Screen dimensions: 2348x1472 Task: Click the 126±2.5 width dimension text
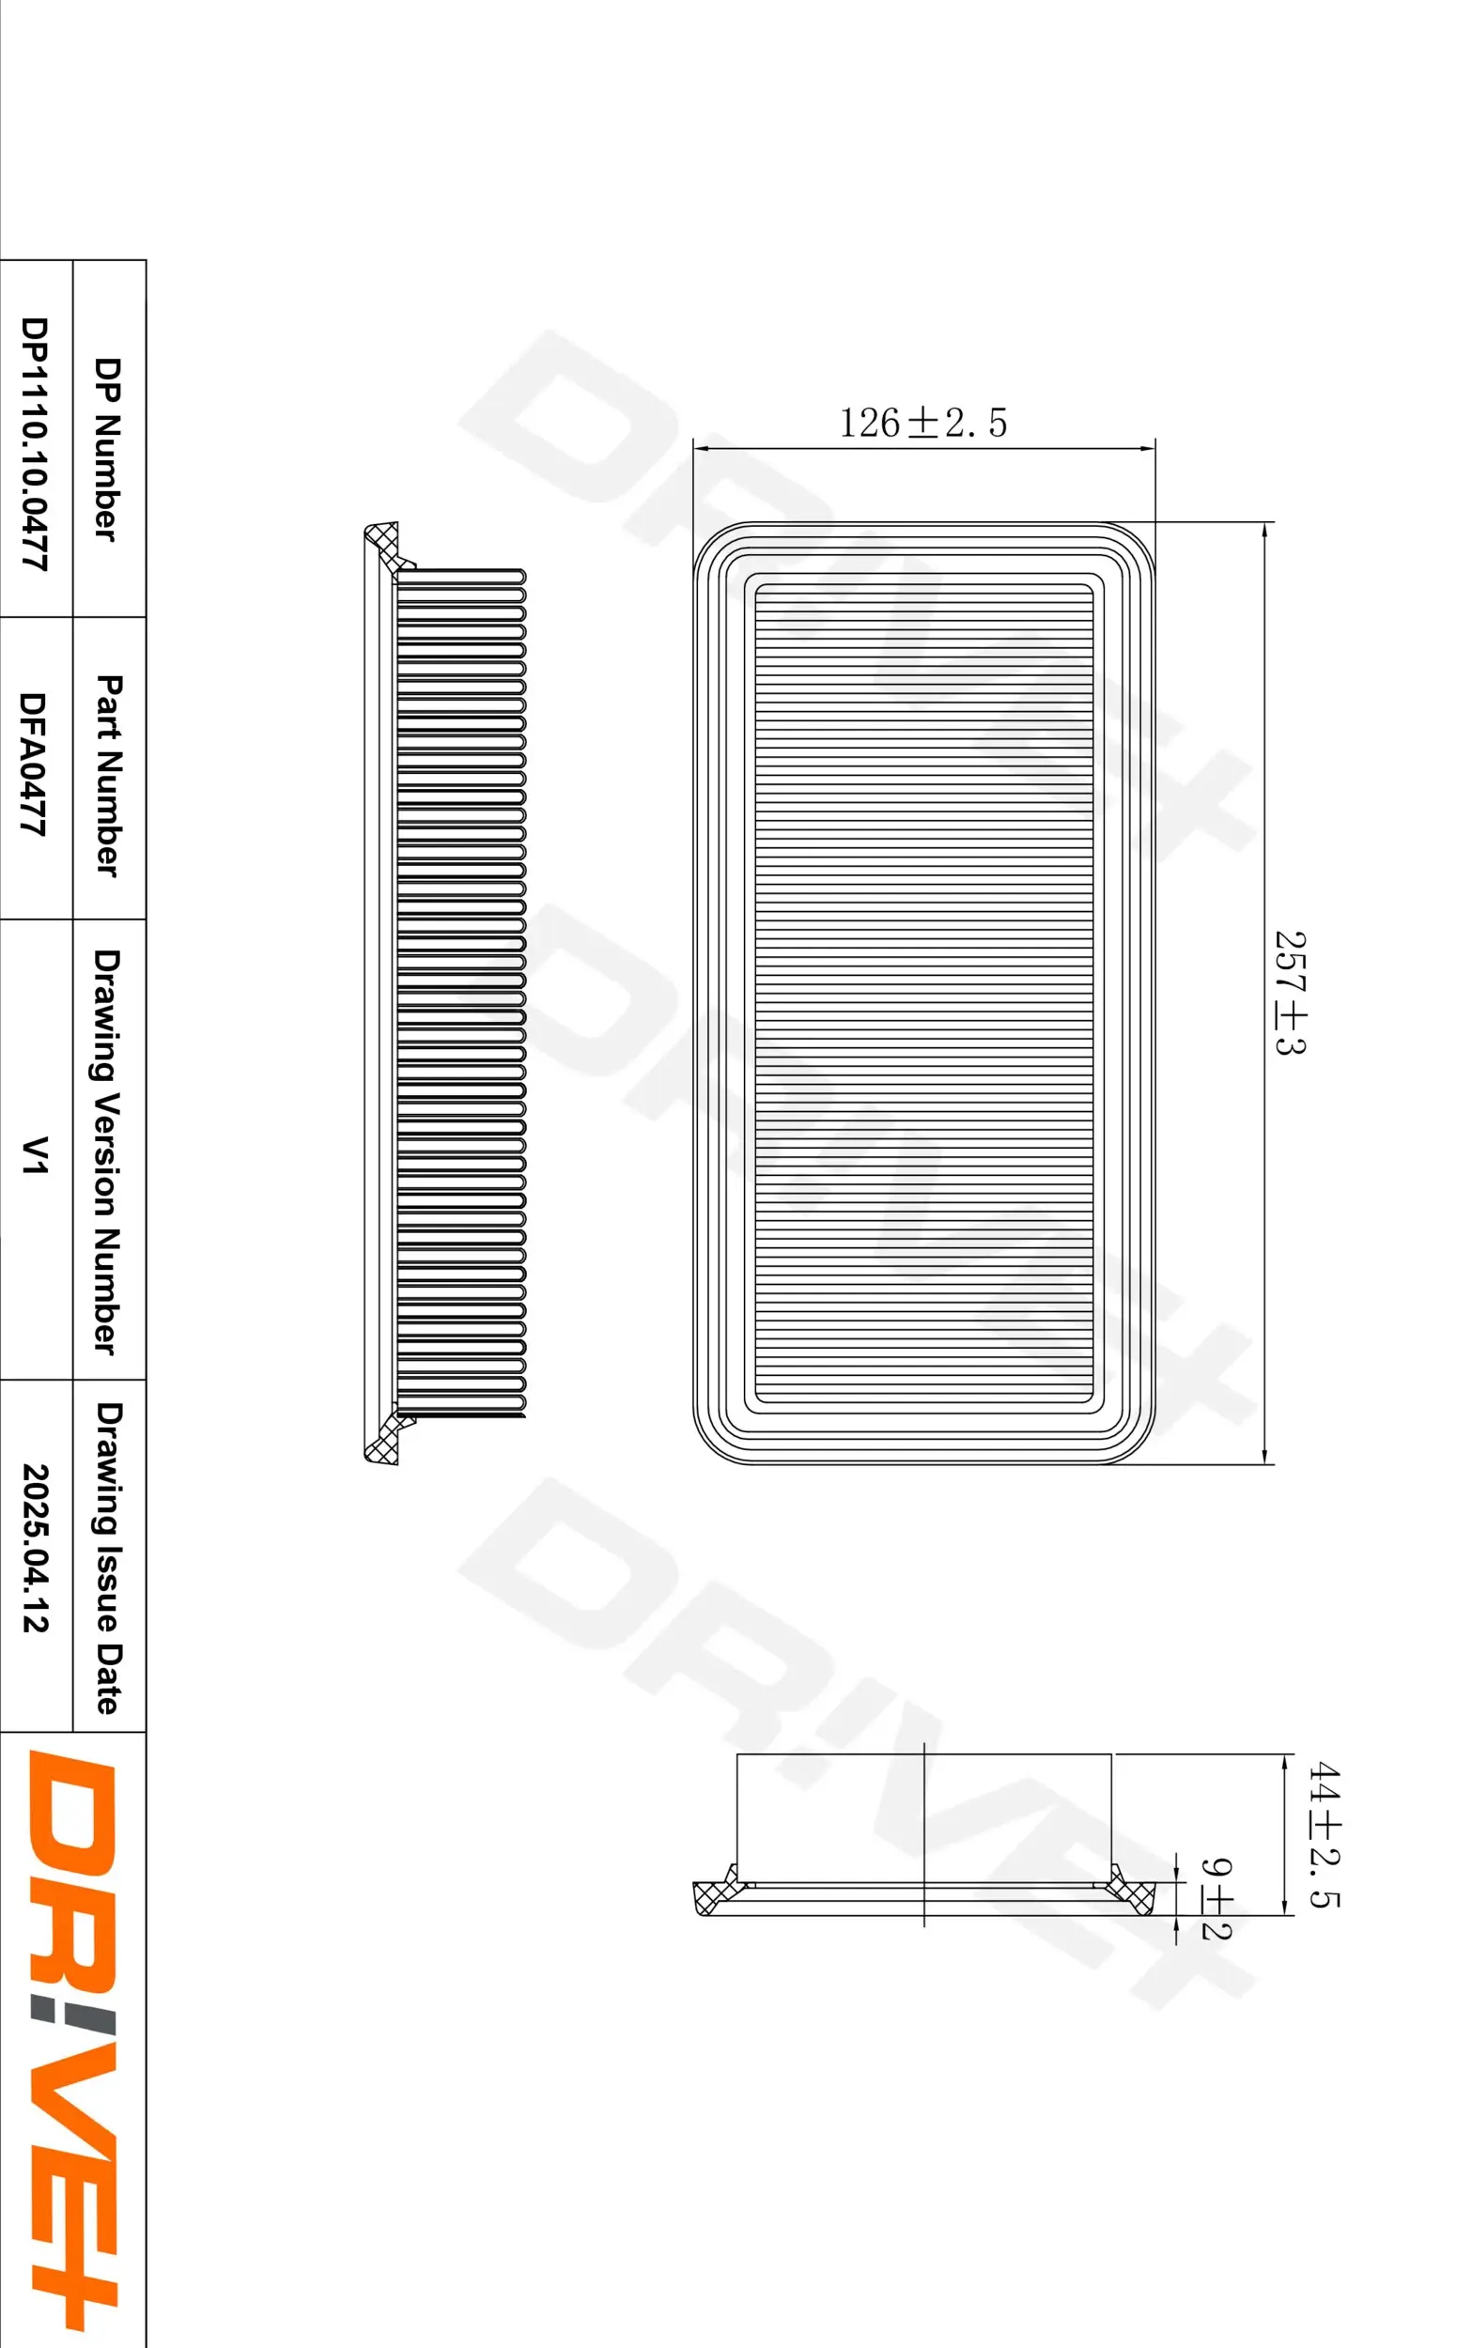[x=922, y=424]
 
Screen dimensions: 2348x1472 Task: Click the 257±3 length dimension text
[x=1290, y=993]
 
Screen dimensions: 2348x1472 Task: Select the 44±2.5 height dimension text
[x=1323, y=1833]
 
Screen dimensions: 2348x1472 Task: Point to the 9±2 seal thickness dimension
[x=1216, y=1898]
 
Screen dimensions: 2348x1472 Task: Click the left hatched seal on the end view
[x=719, y=1892]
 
